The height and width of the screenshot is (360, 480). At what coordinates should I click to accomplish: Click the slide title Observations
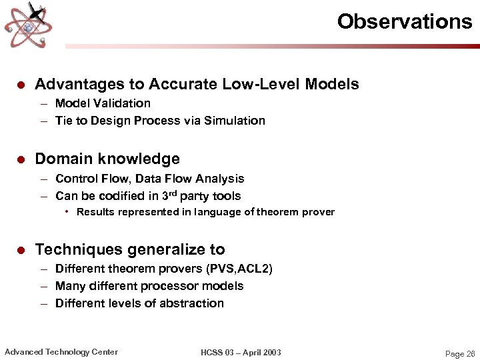click(404, 21)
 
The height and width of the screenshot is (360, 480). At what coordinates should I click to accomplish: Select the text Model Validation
click(103, 103)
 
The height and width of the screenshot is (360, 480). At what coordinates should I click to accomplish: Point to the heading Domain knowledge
click(107, 159)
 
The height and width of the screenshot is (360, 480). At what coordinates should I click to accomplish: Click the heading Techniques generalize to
click(130, 249)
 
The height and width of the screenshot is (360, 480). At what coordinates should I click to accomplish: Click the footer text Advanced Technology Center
click(61, 352)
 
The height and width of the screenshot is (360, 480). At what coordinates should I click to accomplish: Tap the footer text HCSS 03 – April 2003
click(241, 352)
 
